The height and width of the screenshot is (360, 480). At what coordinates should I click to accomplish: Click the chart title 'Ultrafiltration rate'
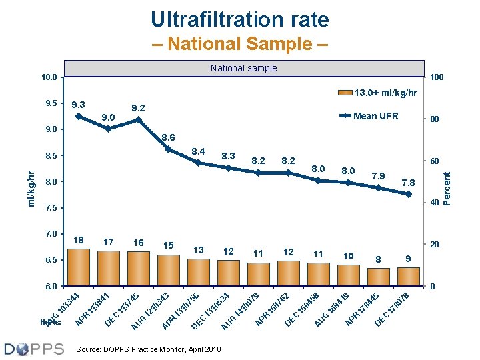tap(240, 19)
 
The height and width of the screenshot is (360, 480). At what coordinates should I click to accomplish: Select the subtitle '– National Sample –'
tap(239, 45)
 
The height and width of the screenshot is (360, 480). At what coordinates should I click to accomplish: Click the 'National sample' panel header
tap(243, 68)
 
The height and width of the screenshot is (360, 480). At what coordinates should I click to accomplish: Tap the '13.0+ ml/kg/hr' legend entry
tap(378, 93)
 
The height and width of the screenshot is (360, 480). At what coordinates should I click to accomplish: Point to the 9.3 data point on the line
tap(79, 116)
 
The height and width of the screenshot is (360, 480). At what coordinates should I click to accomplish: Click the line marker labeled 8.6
tap(169, 149)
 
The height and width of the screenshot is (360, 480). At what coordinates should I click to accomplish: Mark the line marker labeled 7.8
tap(408, 194)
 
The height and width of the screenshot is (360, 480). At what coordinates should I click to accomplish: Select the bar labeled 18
tap(79, 267)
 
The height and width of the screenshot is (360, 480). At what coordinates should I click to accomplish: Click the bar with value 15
tap(169, 271)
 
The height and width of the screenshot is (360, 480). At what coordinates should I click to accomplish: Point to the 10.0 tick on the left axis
tap(49, 77)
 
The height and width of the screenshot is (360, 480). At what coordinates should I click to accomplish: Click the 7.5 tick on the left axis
tap(49, 208)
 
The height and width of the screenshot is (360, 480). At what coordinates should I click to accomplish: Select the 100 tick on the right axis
tap(437, 78)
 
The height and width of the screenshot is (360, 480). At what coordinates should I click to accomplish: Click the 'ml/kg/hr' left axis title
tap(31, 187)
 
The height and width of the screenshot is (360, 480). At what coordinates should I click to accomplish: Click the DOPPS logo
tap(34, 349)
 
